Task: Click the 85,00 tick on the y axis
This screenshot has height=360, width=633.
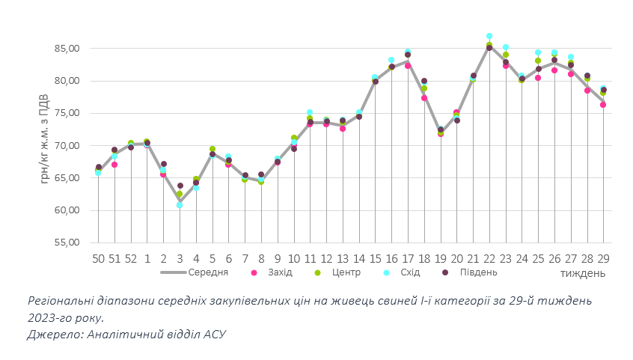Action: [x=64, y=49]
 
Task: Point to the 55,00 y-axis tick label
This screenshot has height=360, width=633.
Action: [x=64, y=242]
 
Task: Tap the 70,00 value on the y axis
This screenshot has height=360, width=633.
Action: [x=64, y=146]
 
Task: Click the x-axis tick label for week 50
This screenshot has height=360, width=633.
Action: [x=98, y=257]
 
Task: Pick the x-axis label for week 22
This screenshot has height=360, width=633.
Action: [x=489, y=257]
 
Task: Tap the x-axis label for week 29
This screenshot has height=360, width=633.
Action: [x=603, y=257]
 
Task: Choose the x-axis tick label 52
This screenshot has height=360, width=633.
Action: [x=131, y=257]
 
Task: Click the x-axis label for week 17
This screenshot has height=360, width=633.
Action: [x=408, y=257]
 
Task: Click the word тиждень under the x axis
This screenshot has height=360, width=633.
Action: [x=583, y=274]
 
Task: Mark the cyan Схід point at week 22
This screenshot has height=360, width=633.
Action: [x=489, y=36]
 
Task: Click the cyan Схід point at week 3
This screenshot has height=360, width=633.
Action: [x=180, y=205]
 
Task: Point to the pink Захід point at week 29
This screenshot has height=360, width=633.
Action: [x=603, y=105]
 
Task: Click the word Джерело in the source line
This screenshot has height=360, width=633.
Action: [x=52, y=335]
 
